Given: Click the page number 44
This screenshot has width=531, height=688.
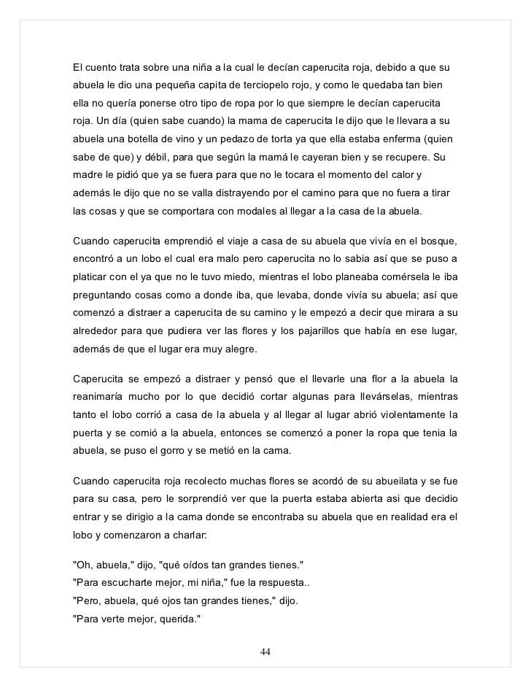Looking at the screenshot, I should coord(265,652).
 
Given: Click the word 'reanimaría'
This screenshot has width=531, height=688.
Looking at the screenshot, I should coord(101,398).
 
